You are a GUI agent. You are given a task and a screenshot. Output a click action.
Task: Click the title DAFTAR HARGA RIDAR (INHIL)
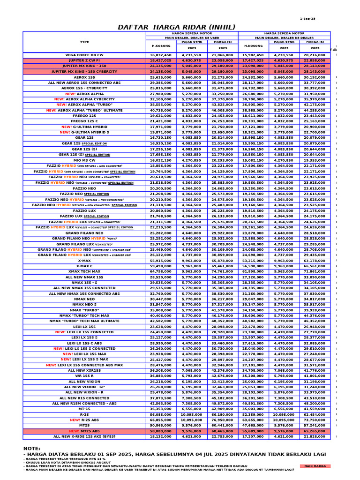[x=177, y=27]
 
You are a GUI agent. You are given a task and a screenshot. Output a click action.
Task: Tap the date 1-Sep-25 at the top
[x=307, y=19]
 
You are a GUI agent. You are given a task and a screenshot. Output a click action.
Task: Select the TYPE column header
[x=84, y=42]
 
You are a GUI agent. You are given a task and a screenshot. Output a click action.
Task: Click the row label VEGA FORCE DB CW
[x=84, y=55]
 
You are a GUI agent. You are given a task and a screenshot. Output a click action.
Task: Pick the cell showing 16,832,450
[x=161, y=55]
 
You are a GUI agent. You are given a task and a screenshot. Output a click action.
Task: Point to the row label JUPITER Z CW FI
[x=84, y=60]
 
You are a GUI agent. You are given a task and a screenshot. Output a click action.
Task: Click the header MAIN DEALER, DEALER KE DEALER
[x=284, y=37]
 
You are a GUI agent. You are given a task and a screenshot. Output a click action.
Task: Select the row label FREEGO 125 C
[x=84, y=121]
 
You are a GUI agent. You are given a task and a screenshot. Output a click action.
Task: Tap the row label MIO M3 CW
[x=84, y=160]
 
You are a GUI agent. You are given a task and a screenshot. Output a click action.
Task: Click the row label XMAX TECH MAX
[x=84, y=271]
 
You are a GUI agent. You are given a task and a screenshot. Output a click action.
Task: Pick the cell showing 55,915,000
[x=161, y=261]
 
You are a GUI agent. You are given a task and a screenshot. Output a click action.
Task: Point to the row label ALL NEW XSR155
[x=84, y=370]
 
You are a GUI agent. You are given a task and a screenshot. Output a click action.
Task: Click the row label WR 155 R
[x=84, y=376]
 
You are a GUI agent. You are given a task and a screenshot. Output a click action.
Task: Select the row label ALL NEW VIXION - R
[x=84, y=392]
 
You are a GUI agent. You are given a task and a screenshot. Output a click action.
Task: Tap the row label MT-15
[x=84, y=409]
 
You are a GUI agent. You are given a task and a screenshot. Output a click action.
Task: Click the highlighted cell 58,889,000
[x=161, y=431]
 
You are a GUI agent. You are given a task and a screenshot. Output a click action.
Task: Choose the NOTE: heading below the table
[x=32, y=449]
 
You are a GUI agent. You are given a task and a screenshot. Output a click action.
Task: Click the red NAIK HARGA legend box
[x=315, y=466]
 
